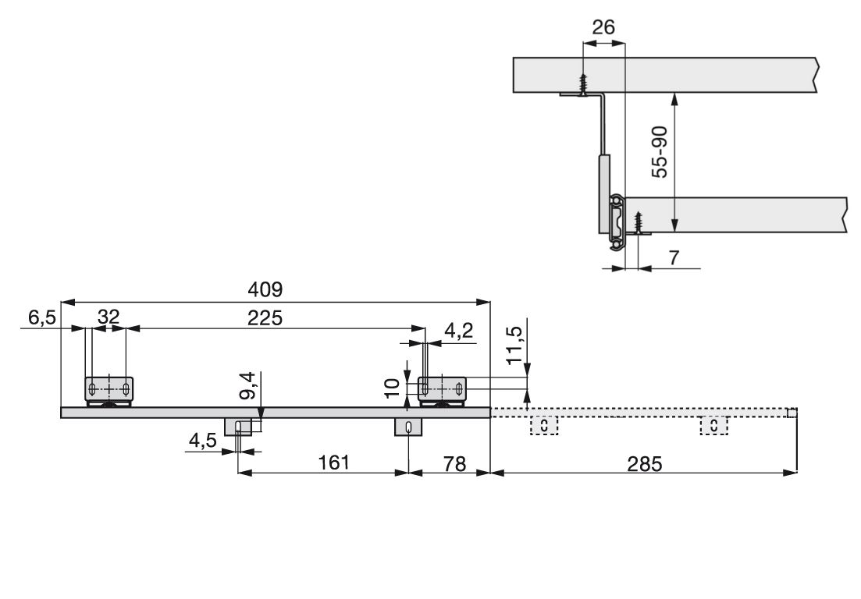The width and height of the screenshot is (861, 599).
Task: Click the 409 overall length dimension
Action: pos(265,289)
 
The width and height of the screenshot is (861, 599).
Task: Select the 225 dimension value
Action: pos(265,317)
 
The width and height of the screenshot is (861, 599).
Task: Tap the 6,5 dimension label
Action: pos(41,317)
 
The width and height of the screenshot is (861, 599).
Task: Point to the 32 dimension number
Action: pos(109,317)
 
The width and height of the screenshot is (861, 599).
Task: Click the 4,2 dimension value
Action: pos(458,330)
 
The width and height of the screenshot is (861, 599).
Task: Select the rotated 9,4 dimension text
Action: pos(247,385)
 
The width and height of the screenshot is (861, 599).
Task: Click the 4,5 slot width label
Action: pos(203,441)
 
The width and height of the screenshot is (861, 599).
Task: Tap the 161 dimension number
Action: pos(334,463)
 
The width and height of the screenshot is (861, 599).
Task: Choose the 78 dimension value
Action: pos(454,464)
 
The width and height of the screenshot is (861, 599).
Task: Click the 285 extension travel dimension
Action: pos(645,464)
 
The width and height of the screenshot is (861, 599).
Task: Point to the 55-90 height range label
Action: pos(660,152)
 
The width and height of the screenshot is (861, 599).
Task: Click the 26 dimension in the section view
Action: pos(603,27)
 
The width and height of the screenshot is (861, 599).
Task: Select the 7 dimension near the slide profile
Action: pos(674,257)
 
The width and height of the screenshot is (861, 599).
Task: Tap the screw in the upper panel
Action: pos(582,84)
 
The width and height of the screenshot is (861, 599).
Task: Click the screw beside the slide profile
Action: pos(638,223)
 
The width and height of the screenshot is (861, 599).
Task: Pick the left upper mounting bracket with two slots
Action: pos(109,389)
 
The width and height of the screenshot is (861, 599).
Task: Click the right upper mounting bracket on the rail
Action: pos(442,389)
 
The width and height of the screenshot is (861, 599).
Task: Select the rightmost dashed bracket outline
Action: pos(713,426)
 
